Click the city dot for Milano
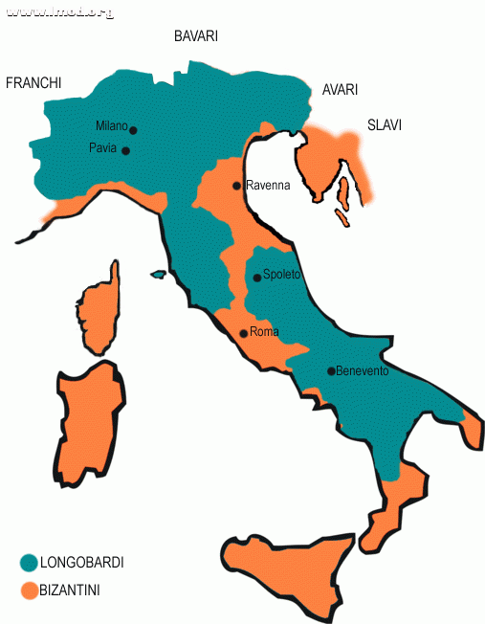[133, 130]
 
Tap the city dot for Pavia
[125, 150]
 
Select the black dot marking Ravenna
[237, 186]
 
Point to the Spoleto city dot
[256, 278]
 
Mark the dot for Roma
[242, 334]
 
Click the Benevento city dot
[331, 371]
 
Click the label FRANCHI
[33, 83]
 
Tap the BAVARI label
[196, 36]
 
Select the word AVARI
[340, 90]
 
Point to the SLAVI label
[385, 124]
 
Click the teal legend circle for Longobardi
[28, 563]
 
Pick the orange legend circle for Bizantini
[28, 591]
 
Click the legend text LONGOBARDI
[81, 563]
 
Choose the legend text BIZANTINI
[70, 591]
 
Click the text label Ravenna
[267, 186]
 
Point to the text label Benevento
[363, 371]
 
